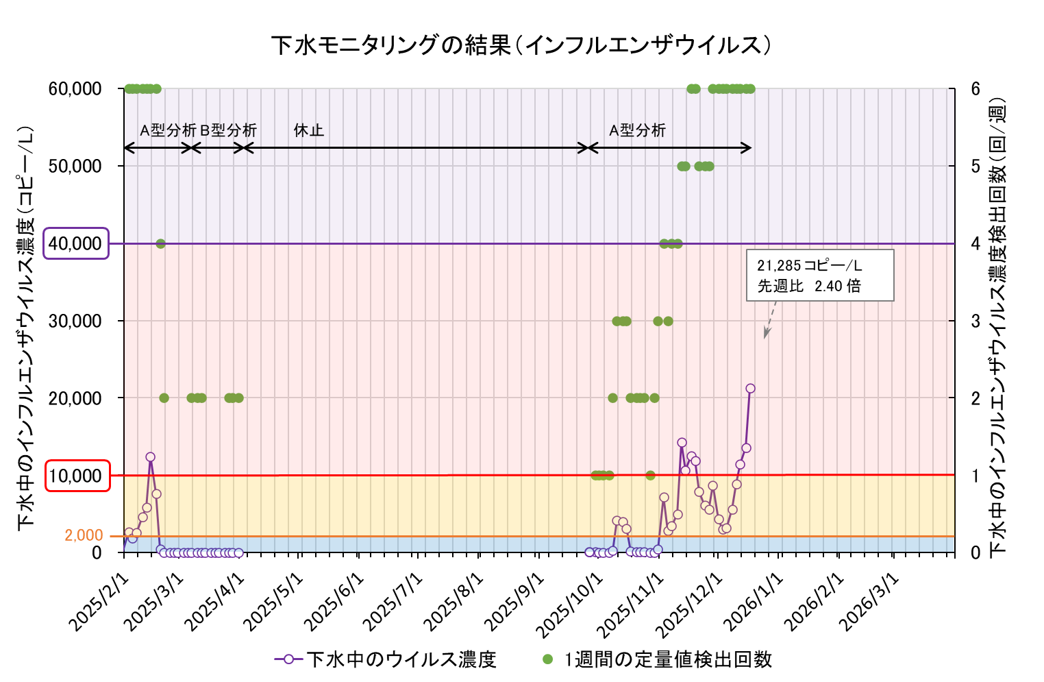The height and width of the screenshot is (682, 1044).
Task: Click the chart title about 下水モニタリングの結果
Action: pyautogui.click(x=521, y=45)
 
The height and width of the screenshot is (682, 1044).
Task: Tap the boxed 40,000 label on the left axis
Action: pyautogui.click(x=76, y=243)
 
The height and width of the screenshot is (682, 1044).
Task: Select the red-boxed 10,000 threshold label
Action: pyautogui.click(x=77, y=476)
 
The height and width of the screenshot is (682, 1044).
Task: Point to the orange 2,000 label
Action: pyautogui.click(x=84, y=535)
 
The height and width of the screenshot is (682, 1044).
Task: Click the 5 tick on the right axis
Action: pyautogui.click(x=975, y=167)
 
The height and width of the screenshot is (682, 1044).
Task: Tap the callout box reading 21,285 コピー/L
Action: pyautogui.click(x=819, y=276)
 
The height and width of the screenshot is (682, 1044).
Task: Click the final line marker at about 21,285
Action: pyautogui.click(x=750, y=389)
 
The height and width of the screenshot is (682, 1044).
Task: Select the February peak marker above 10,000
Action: pyautogui.click(x=150, y=457)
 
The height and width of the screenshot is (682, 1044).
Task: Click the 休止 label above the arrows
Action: pyautogui.click(x=308, y=130)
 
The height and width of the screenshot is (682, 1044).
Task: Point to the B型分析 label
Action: pyautogui.click(x=228, y=130)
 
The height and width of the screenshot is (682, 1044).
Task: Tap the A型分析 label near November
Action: pyautogui.click(x=637, y=130)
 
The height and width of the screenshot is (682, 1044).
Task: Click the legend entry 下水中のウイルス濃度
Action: pyautogui.click(x=386, y=659)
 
